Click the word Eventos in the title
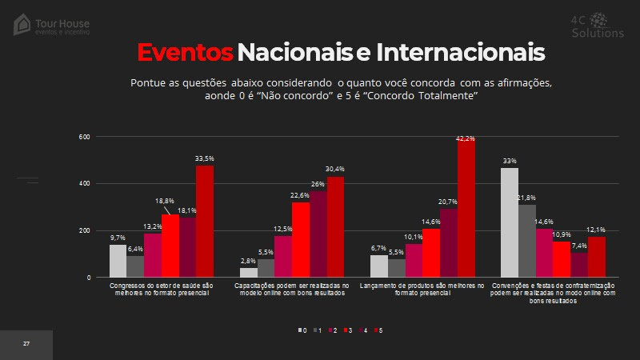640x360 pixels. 184,52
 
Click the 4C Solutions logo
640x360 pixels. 597,26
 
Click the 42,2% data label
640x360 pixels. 466,139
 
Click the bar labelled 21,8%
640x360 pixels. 526,241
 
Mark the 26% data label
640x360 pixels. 318,184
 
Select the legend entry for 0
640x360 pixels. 303,330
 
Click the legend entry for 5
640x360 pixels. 379,330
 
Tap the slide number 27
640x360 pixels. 26,344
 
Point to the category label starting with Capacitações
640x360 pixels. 291,290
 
